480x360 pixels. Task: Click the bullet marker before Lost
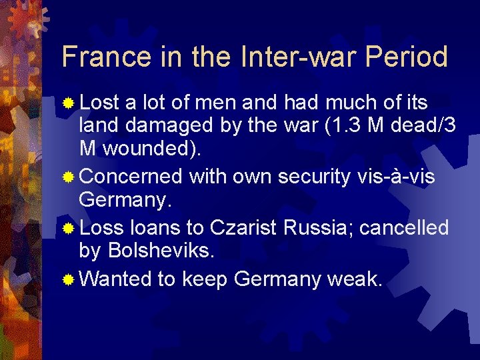click(x=68, y=103)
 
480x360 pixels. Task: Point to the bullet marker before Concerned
click(x=68, y=177)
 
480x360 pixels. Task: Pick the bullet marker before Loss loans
click(x=68, y=228)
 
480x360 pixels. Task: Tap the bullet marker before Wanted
click(x=68, y=279)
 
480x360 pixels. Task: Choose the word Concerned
click(x=130, y=176)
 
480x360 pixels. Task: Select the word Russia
click(x=319, y=228)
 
